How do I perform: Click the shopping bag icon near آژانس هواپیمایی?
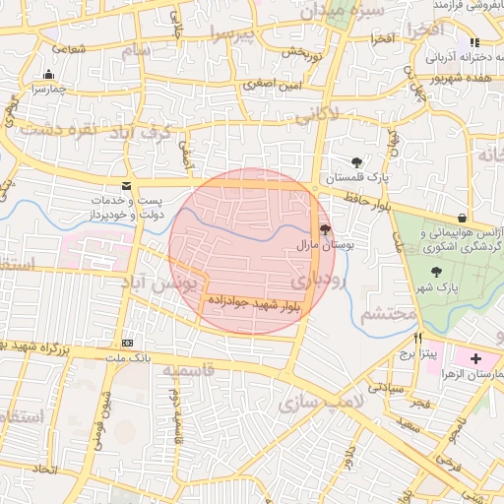point(462,218)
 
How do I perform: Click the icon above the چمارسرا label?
point(49,73)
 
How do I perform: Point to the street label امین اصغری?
point(269,86)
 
